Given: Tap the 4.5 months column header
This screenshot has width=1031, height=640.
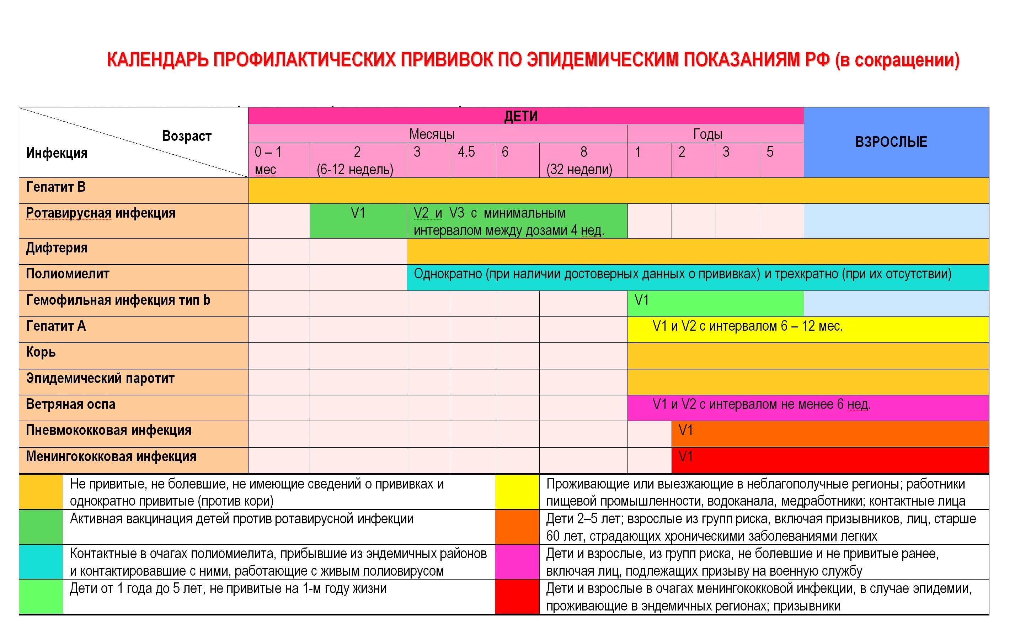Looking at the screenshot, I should (466, 152).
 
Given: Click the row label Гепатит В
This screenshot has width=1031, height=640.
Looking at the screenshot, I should (56, 187).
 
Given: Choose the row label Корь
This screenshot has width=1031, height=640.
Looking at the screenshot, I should (41, 352).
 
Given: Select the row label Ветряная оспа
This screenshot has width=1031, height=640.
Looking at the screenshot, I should (70, 405).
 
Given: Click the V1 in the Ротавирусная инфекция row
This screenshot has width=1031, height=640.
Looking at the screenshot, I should (358, 213).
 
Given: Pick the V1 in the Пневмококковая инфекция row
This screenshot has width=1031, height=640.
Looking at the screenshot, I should (686, 431).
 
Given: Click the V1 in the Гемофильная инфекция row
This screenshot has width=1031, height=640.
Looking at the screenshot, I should (642, 300).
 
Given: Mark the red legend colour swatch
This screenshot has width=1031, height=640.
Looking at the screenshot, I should (517, 597).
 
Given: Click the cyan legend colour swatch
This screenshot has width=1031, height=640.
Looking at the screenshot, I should (41, 562).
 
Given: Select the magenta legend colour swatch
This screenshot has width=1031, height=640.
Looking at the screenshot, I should (517, 562).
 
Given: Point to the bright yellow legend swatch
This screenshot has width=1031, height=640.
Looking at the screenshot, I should (517, 492).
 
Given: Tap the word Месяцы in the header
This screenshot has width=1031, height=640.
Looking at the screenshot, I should (432, 134).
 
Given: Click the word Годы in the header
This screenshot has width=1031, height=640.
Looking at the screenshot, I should (707, 134).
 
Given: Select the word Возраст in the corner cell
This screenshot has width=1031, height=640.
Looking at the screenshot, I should (186, 136).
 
